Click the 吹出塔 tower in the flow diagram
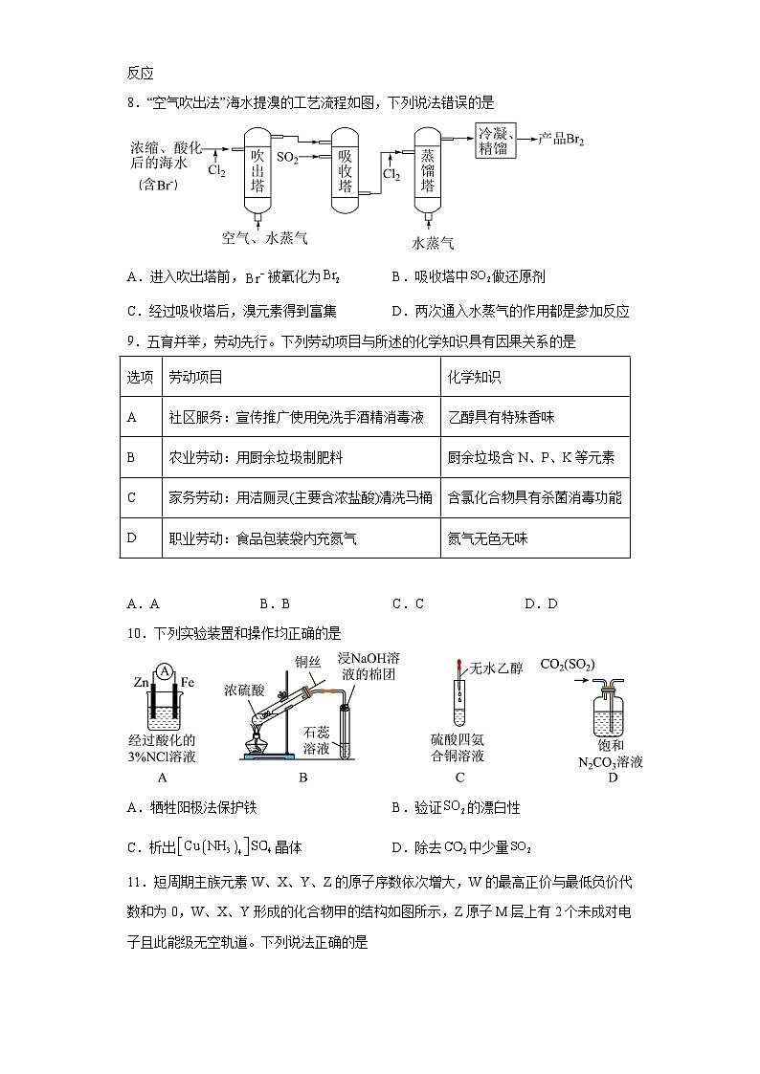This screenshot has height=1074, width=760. (x=257, y=170)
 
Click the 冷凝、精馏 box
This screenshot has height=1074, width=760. (x=498, y=142)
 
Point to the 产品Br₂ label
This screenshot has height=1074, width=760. (x=562, y=140)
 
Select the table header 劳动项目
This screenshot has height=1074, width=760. (x=195, y=377)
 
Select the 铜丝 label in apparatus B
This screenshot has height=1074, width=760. (x=308, y=661)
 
